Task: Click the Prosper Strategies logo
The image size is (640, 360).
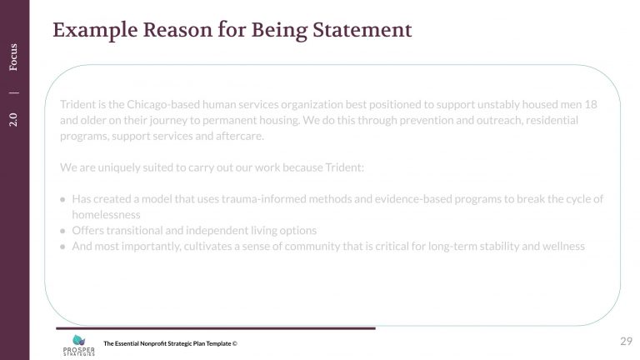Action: tap(78, 344)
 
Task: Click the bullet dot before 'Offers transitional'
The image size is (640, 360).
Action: tap(63, 230)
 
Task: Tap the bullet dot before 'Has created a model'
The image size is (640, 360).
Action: tap(63, 199)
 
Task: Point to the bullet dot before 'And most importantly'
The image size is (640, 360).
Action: tap(63, 246)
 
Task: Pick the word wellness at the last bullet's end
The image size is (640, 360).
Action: tap(564, 246)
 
